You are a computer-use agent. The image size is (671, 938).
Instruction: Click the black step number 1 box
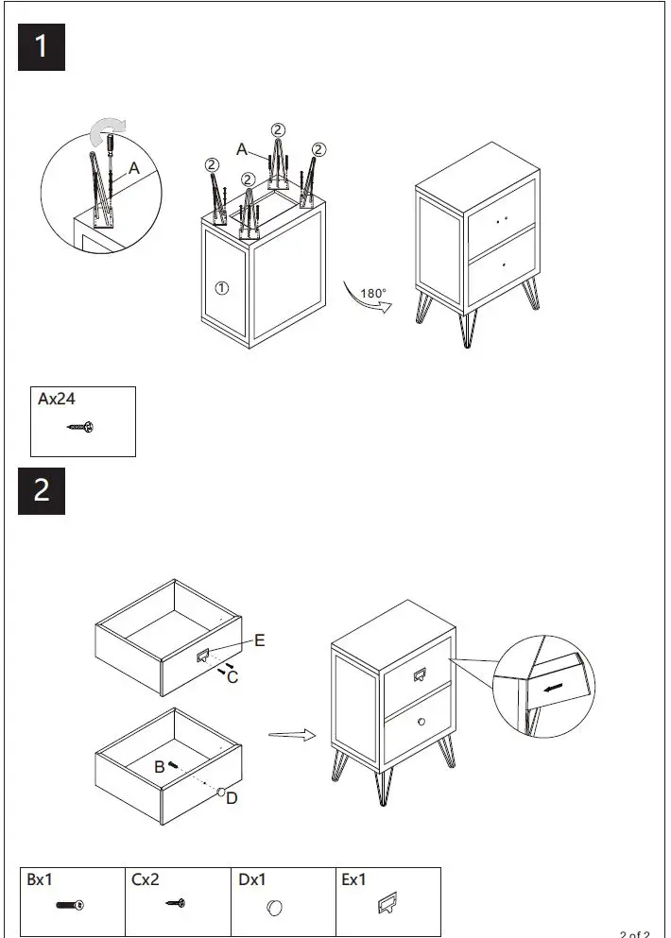[x=42, y=46]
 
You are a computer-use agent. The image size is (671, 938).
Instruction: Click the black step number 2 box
[x=42, y=491]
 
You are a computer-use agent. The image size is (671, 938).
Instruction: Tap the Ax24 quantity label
[x=57, y=400]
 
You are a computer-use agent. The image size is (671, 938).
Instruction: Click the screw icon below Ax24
[x=80, y=428]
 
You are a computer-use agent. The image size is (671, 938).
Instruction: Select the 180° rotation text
[x=373, y=294]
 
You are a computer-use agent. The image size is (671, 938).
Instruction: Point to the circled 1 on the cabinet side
[x=221, y=288]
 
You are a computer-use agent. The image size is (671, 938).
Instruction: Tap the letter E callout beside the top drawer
[x=259, y=640]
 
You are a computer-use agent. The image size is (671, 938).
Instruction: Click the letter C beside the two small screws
[x=232, y=677]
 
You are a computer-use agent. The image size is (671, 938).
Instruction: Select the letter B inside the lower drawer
[x=160, y=767]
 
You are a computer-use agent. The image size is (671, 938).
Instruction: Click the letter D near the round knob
[x=232, y=799]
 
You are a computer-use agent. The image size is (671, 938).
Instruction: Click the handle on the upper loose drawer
[x=203, y=656]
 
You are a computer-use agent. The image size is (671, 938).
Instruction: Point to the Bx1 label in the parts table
[x=40, y=879]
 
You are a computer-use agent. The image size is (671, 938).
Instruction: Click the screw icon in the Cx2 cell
[x=173, y=905]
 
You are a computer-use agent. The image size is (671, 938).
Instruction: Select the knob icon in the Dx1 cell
[x=274, y=907]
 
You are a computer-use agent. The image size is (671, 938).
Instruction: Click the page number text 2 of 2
[x=634, y=933]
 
